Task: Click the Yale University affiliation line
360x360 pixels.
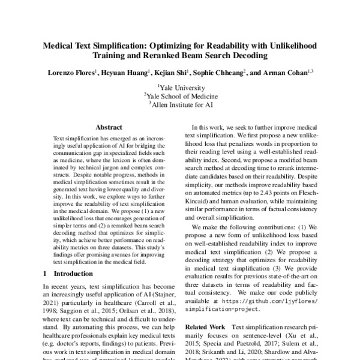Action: point(180,87)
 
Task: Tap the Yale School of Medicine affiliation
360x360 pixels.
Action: point(180,95)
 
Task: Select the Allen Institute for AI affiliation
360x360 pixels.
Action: point(180,104)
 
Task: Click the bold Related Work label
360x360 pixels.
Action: point(209,328)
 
